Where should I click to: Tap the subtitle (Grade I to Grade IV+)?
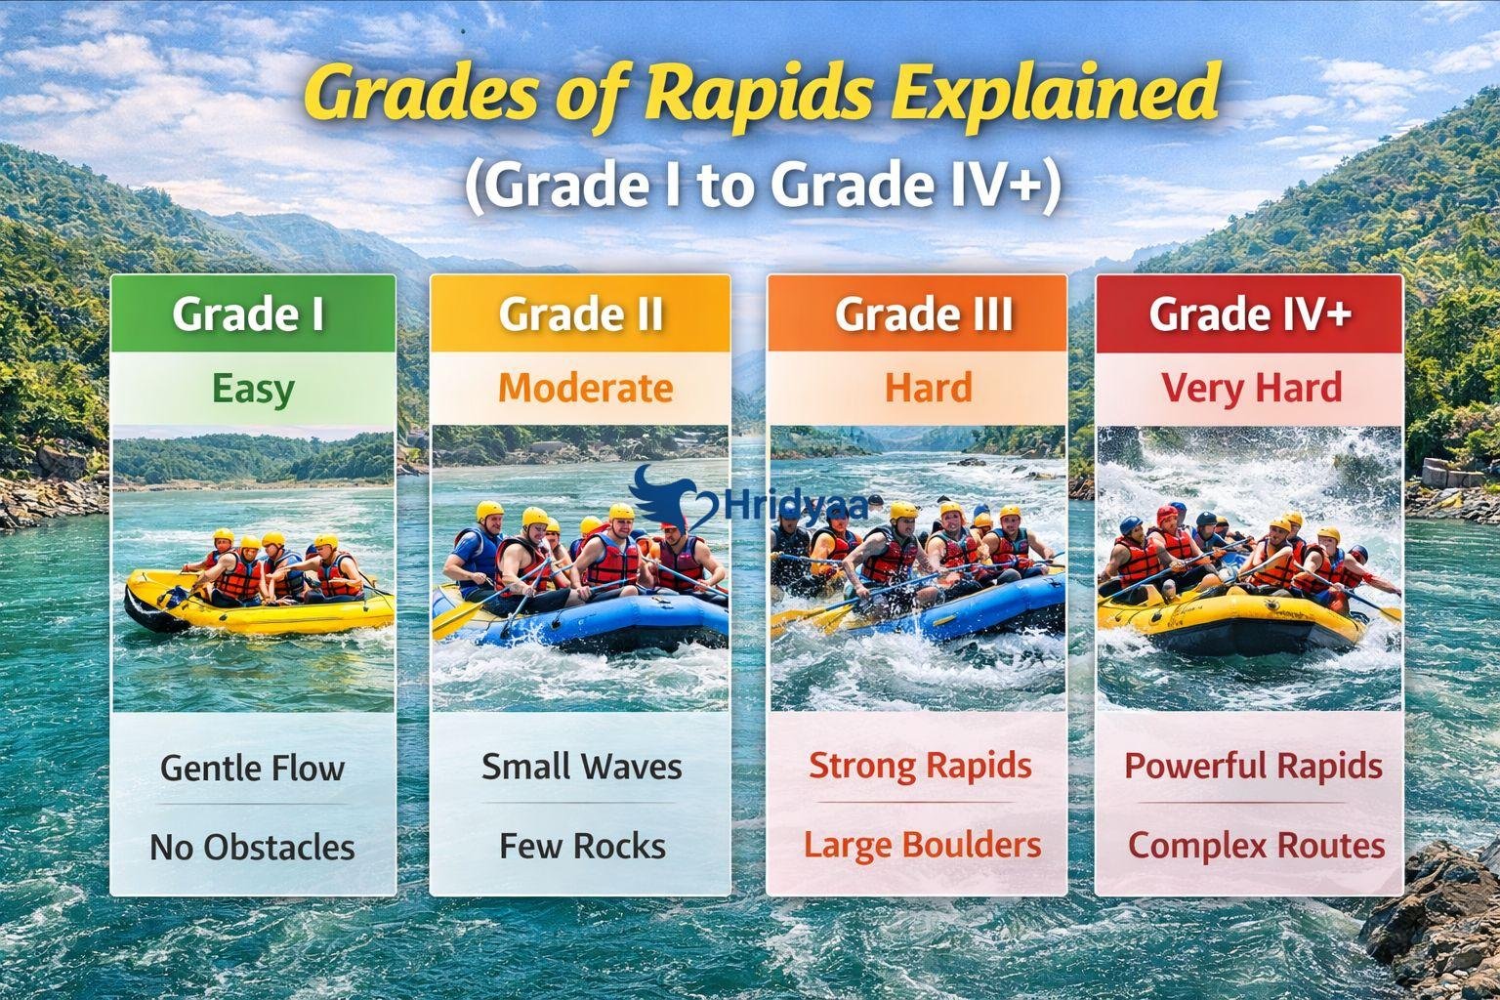[x=762, y=185]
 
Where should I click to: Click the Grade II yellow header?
[x=581, y=313]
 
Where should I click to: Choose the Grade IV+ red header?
[x=1250, y=313]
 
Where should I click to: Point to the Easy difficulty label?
[x=253, y=389]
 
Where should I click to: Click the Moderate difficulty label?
[x=585, y=389]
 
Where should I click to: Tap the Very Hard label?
[x=1251, y=389]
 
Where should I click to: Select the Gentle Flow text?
[x=252, y=768]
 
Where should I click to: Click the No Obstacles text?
[x=252, y=847]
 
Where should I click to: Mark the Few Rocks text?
[x=582, y=846]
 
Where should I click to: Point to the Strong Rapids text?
[x=920, y=766]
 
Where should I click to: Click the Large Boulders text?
[x=922, y=845]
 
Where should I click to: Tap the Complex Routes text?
[x=1256, y=846]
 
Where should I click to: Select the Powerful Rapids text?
[x=1253, y=767]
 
